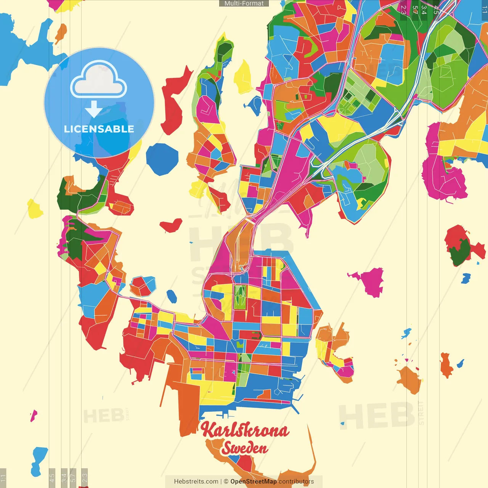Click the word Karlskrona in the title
point(244,430)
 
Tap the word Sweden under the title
point(245,448)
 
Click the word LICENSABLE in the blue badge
point(99,129)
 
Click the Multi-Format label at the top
point(244,3)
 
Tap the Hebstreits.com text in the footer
point(196,482)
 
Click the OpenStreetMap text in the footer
point(253,482)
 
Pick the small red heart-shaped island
point(171,225)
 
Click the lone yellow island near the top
point(243,78)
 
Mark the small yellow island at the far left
point(35,209)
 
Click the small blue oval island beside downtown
point(172,296)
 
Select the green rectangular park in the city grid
point(240,297)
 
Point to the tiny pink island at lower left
point(34,415)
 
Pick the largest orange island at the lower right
point(410,379)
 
